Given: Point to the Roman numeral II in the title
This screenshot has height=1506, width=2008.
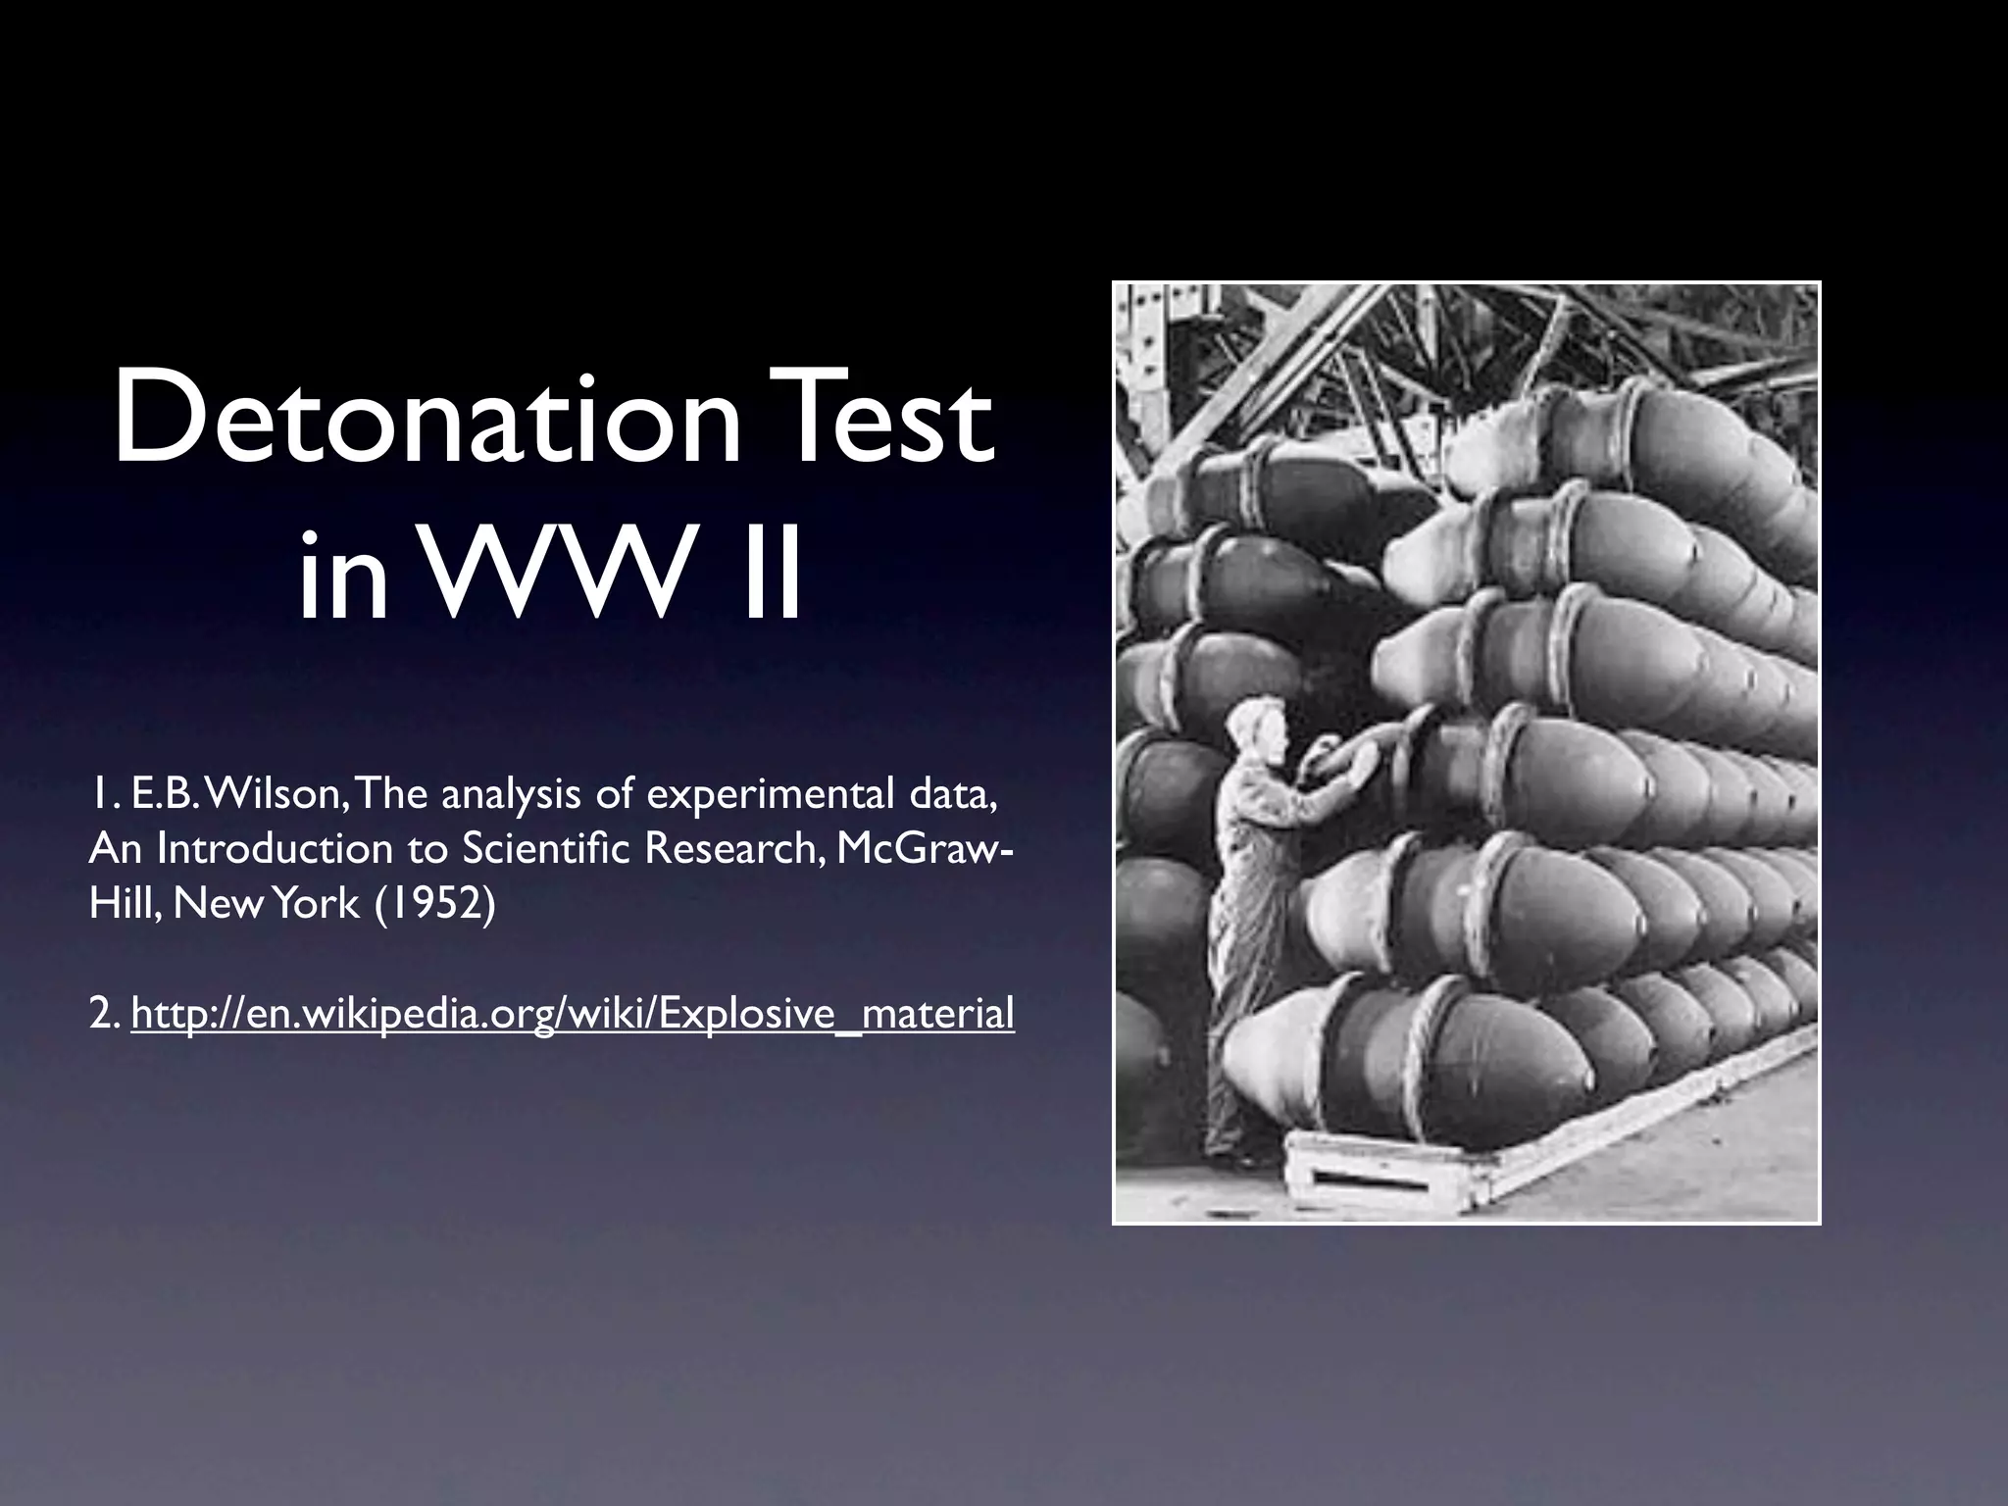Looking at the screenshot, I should coord(769,578).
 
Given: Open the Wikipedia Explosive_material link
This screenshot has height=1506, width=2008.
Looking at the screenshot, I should coord(573,1014).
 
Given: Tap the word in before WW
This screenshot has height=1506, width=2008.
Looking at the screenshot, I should coord(343,578).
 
